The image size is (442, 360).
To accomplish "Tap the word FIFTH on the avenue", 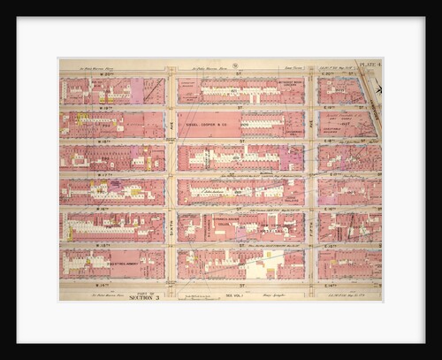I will (311, 221).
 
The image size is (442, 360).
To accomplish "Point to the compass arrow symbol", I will (378, 88).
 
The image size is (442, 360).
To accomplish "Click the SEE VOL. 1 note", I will (234, 296).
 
